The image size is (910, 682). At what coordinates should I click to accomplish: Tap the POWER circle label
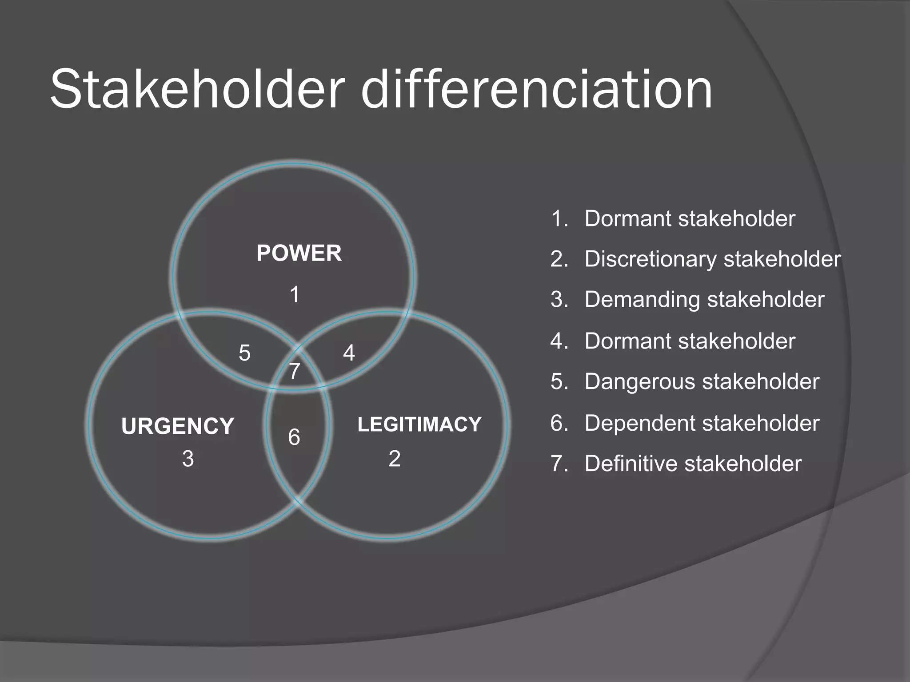(x=299, y=254)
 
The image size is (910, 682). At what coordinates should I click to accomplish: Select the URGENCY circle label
(x=177, y=426)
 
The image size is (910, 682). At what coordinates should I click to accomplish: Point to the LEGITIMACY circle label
(x=419, y=424)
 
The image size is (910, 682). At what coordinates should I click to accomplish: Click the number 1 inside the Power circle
(x=294, y=295)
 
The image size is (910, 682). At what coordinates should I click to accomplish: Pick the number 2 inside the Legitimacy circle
(x=395, y=459)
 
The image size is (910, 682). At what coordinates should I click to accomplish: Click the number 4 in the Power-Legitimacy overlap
(x=349, y=353)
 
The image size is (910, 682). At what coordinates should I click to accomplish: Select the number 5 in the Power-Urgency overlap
(x=244, y=353)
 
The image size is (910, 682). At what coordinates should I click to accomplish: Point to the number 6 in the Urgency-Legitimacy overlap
(x=294, y=438)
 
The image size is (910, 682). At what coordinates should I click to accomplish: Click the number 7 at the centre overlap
(x=294, y=371)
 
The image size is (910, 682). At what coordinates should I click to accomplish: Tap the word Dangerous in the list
(x=639, y=382)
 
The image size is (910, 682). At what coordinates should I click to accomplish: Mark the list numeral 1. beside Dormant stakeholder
(x=559, y=219)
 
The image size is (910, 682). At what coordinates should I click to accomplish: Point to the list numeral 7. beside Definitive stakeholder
(x=559, y=464)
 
